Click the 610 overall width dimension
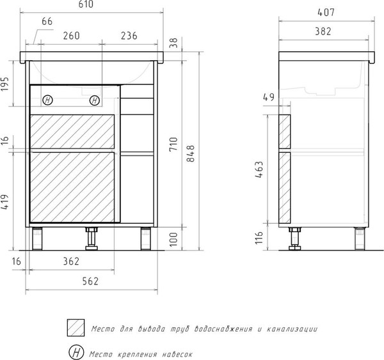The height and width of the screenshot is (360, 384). click(x=86, y=4)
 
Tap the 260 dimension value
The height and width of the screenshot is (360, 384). click(x=71, y=36)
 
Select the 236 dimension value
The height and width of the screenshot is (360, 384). click(x=129, y=36)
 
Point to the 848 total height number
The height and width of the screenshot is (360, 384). click(x=191, y=153)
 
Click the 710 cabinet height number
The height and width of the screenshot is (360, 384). click(x=173, y=144)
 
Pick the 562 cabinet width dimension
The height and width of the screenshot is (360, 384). click(x=90, y=281)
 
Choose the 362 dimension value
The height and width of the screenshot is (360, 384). click(x=71, y=262)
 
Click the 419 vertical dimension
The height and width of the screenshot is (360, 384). click(x=4, y=202)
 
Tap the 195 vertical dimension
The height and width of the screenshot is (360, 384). click(x=4, y=84)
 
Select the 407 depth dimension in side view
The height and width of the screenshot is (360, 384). click(x=326, y=12)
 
